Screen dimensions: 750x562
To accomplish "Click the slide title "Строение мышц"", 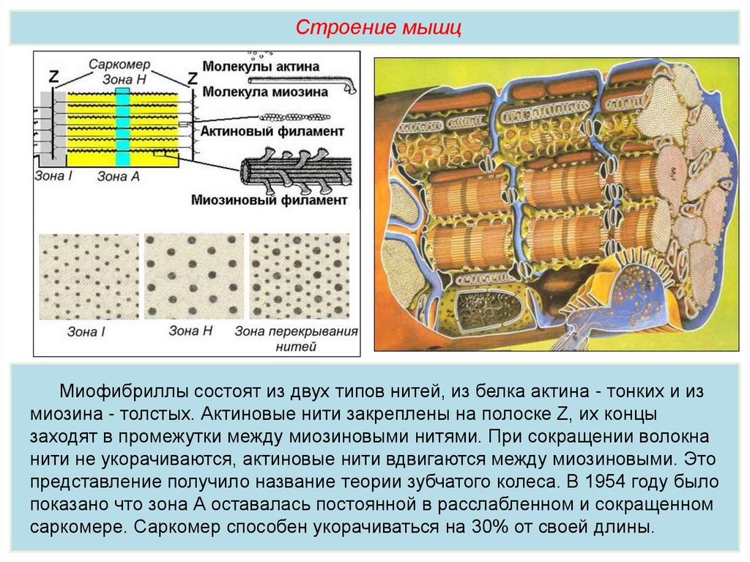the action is click(x=379, y=29).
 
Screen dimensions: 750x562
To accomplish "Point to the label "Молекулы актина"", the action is click(x=261, y=67).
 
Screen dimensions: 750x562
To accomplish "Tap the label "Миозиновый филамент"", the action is click(x=268, y=199).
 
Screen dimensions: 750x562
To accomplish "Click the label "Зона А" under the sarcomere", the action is click(x=118, y=176).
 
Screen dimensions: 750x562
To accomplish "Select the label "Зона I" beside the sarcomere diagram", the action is click(x=51, y=176).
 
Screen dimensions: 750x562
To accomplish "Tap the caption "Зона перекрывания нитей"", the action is click(x=296, y=338).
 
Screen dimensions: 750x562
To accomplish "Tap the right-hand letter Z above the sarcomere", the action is click(x=192, y=77).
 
